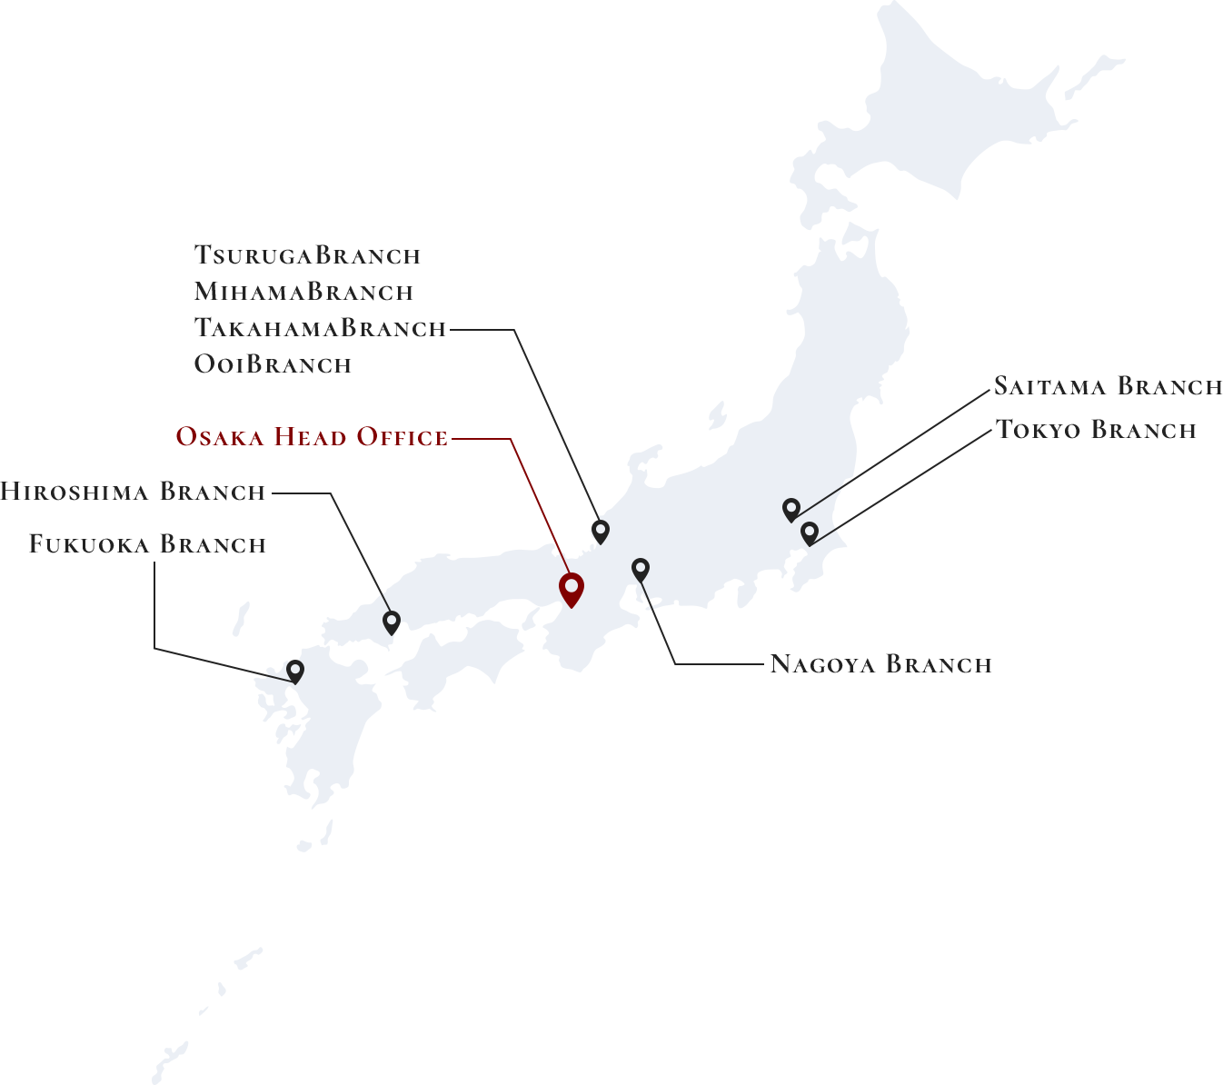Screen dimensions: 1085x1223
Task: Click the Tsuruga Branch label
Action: tap(308, 255)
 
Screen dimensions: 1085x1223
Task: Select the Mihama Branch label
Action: tap(304, 292)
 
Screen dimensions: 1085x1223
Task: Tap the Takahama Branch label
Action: tap(320, 327)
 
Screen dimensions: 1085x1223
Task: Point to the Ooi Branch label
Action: tap(273, 363)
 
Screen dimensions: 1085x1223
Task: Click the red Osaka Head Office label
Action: tap(311, 437)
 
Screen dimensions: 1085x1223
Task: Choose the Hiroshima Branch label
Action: tap(133, 492)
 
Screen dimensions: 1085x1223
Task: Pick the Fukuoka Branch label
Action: tap(146, 544)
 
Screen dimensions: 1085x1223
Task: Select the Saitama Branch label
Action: tap(1107, 386)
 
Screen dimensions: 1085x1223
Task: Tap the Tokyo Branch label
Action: tap(1096, 429)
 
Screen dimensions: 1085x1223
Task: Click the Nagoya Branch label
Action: tap(880, 664)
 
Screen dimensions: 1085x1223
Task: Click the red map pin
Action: tap(571, 588)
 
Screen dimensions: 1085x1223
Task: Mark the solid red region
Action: tap(509, 495)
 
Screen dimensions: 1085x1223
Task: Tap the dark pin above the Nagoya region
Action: tap(641, 570)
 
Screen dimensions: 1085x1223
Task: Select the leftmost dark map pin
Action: tap(295, 671)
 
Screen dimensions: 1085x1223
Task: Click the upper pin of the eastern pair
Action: tap(791, 509)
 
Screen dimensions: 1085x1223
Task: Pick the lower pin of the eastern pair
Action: tap(810, 533)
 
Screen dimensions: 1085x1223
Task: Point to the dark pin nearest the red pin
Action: tap(600, 530)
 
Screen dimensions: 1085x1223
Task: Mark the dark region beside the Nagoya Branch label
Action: tap(700, 632)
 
